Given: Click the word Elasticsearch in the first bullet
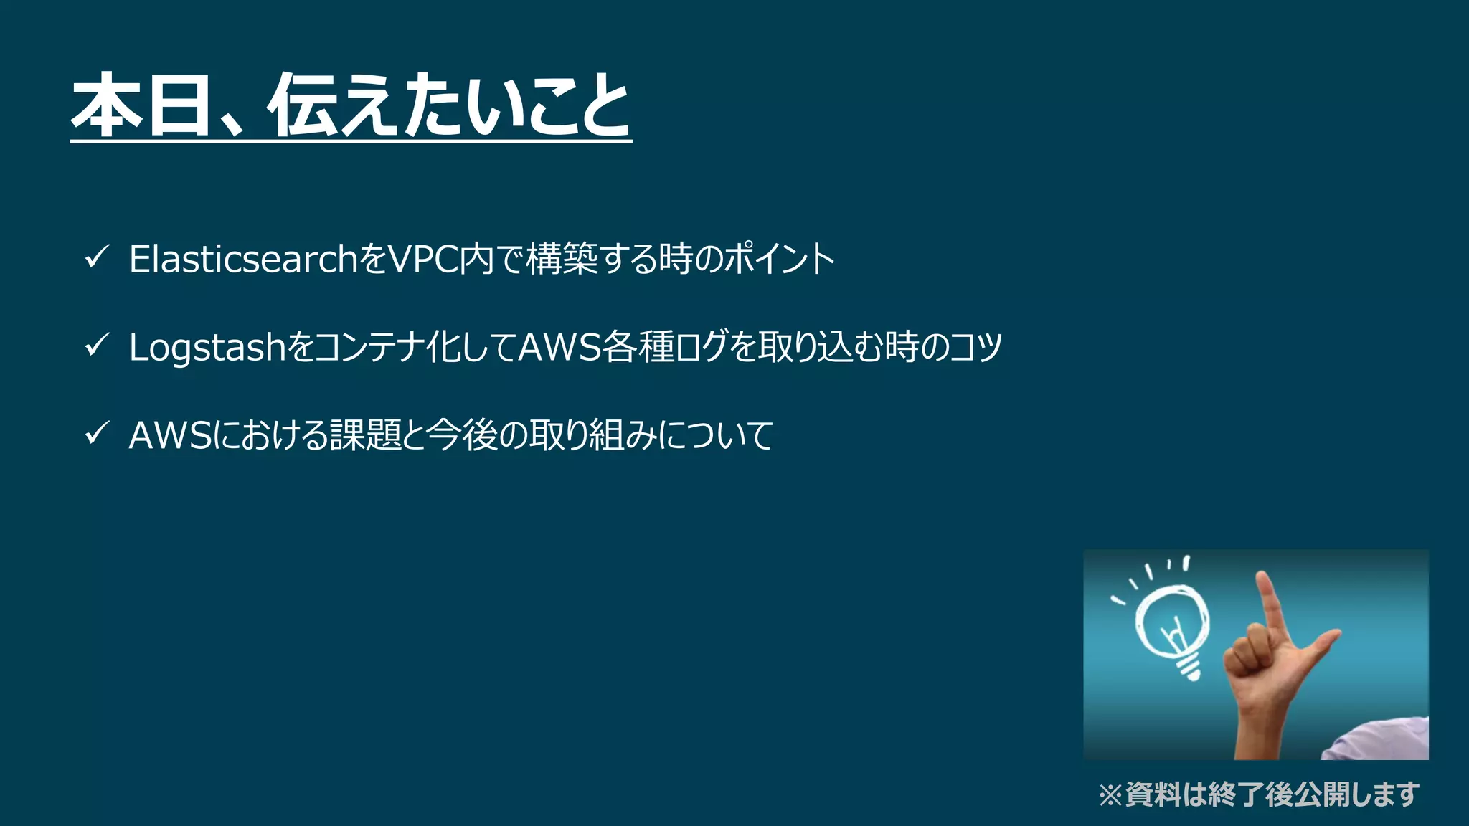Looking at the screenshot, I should click(x=243, y=259).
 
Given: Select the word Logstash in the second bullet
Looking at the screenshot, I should click(x=207, y=348).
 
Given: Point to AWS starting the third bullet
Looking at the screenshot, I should click(x=170, y=435).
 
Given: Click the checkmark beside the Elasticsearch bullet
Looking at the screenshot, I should click(x=96, y=257).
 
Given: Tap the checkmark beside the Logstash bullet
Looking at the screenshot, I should click(x=96, y=346).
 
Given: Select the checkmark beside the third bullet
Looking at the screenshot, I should click(x=96, y=434).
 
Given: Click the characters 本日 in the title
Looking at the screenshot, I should click(x=141, y=105).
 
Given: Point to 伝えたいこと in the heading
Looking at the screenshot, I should click(x=449, y=105).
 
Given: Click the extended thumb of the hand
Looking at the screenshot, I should click(x=1320, y=642).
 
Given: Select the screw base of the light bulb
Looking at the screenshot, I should click(x=1188, y=668).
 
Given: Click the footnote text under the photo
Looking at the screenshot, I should click(x=1260, y=794).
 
